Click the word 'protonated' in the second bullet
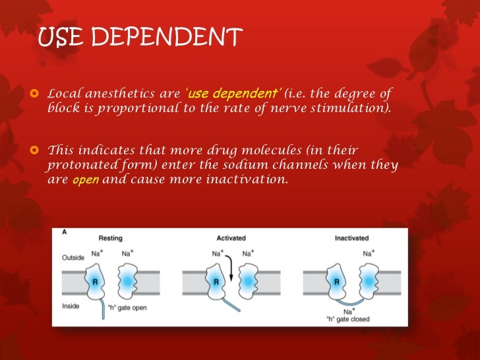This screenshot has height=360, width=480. click(x=86, y=165)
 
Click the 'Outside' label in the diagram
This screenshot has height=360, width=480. click(x=73, y=257)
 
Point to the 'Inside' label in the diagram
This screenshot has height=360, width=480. click(x=71, y=305)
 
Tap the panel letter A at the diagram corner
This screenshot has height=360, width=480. click(x=63, y=232)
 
